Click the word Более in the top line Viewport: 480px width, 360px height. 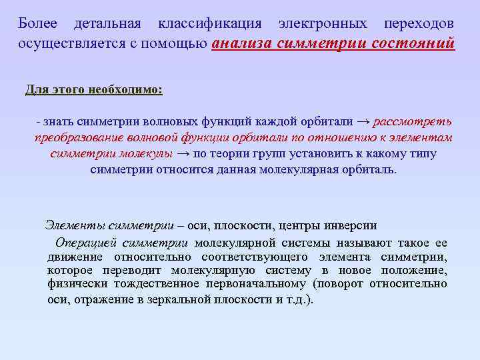(38, 23)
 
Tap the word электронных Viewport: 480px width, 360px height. (323, 23)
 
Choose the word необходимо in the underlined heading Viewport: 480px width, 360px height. (124, 89)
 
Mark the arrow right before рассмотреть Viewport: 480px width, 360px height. (363, 121)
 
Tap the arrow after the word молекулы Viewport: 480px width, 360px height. (183, 153)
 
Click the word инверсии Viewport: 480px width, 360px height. (351, 225)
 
